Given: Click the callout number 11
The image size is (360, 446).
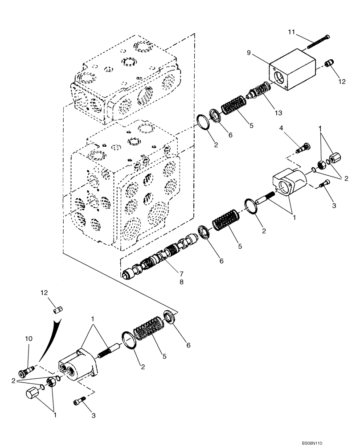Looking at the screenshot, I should tap(291, 32).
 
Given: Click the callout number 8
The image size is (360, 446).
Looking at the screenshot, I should tap(168, 282).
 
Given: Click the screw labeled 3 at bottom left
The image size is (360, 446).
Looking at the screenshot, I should tap(78, 403).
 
